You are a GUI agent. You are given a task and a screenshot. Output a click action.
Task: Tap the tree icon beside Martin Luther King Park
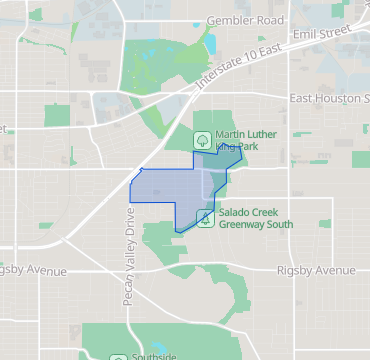[x=201, y=139]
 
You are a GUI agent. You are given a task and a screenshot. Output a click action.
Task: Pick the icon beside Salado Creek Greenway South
[x=204, y=217]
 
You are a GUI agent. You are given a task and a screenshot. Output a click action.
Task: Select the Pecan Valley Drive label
[x=129, y=244]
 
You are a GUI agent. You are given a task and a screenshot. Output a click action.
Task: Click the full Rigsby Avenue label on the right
[x=316, y=270]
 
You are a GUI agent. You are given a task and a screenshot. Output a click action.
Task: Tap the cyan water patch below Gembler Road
[x=211, y=43]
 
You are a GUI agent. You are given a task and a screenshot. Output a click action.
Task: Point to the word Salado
[x=235, y=211]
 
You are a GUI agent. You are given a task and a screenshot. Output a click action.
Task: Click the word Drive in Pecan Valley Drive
[x=129, y=219]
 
